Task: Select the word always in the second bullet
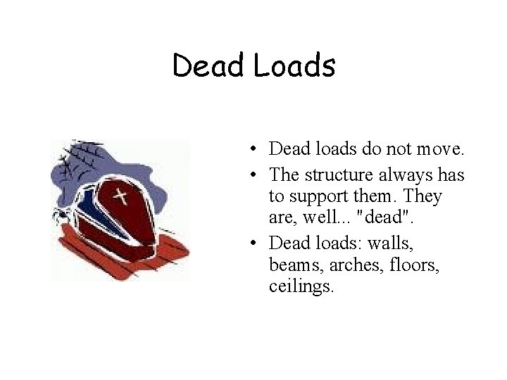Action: point(399,174)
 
